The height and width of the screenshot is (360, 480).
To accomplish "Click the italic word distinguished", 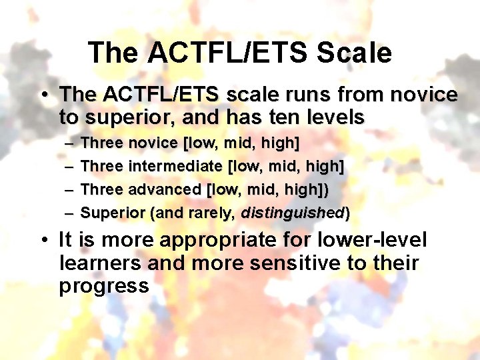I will pyautogui.click(x=292, y=213).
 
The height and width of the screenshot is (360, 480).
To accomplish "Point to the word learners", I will pyautogui.click(x=101, y=263).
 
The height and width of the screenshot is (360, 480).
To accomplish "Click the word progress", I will pyautogui.click(x=103, y=286).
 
